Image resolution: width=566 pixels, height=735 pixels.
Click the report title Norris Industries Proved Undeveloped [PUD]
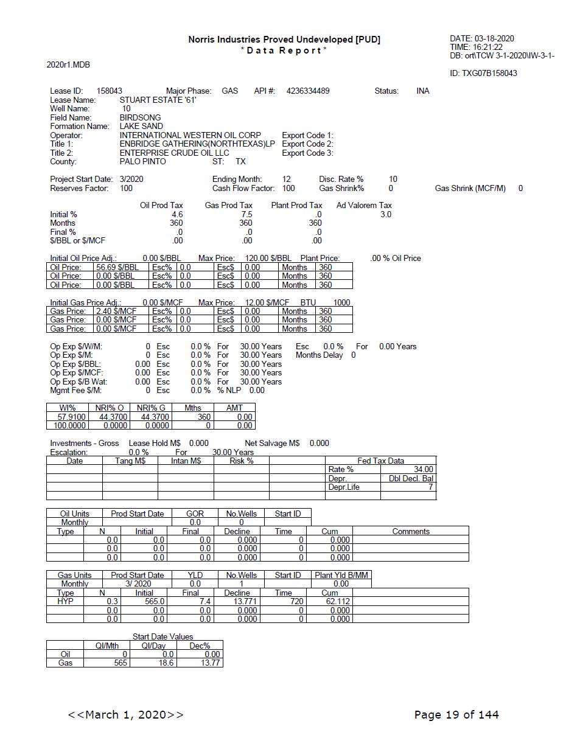click(x=284, y=40)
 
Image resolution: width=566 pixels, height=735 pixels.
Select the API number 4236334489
click(x=308, y=91)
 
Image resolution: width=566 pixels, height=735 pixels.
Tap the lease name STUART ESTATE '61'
click(x=158, y=100)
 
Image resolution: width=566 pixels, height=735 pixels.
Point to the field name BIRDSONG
click(x=140, y=117)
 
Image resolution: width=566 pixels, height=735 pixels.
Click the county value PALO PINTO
click(x=142, y=162)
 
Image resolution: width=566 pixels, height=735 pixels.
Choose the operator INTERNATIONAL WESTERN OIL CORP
click(x=190, y=135)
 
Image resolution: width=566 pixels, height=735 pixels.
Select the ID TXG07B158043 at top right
click(x=483, y=73)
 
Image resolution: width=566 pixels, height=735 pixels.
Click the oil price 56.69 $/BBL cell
click(x=117, y=267)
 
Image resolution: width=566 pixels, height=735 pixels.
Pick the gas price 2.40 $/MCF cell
click(x=116, y=311)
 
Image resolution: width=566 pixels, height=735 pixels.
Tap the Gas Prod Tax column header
click(x=228, y=206)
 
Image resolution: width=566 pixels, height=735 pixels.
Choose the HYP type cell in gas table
click(x=65, y=601)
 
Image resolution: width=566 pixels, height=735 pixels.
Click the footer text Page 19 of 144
click(x=456, y=714)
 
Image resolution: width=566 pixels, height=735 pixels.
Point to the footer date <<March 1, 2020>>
click(x=125, y=714)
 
